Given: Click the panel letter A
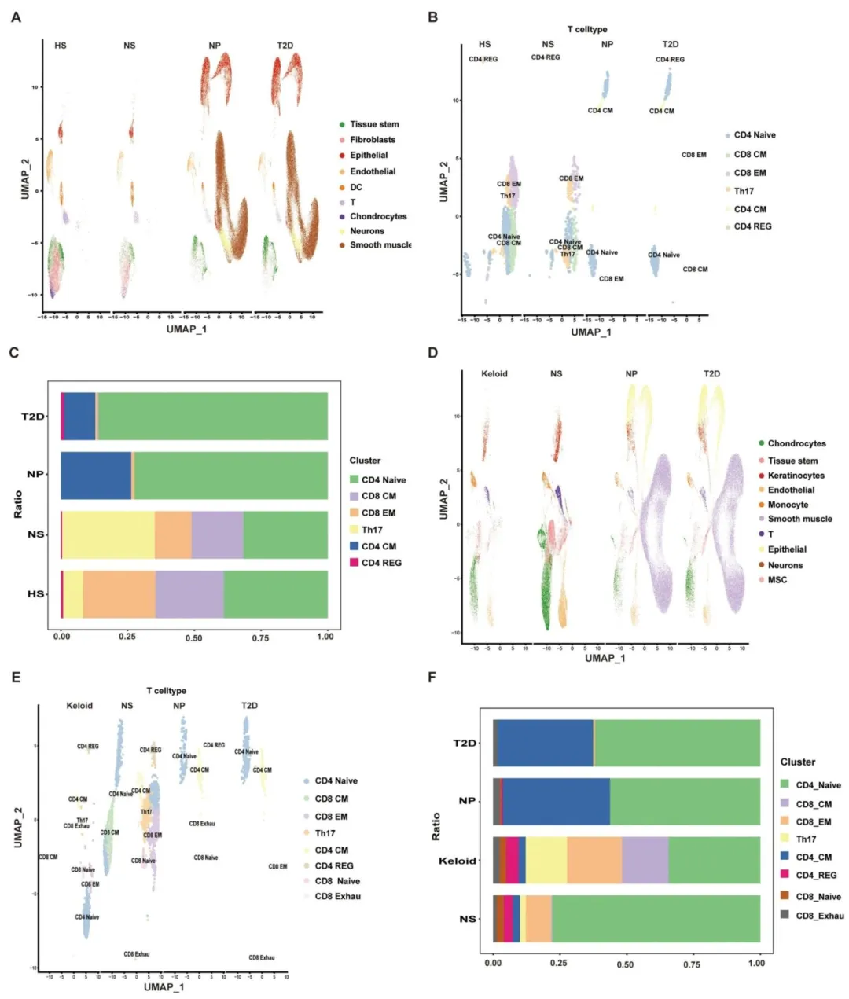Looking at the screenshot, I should coord(16,17).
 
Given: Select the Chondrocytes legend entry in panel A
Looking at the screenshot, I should coord(377,217).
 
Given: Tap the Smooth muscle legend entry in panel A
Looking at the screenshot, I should coord(380,245).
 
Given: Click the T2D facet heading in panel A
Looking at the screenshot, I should coord(285,46).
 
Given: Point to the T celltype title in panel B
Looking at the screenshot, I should coord(586,29).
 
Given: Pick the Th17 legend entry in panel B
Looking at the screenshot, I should coord(743,191).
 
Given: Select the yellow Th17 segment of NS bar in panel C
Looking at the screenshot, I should coord(108,535).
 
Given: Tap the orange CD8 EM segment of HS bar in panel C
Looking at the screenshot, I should coord(119,594).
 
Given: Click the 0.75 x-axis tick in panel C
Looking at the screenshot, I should coord(260,637).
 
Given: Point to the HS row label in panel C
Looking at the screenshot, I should coord(36,594).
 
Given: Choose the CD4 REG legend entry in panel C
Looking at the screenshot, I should coord(380,563).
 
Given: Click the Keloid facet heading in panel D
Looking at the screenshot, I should coord(494,373).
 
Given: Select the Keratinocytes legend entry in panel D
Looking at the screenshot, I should coord(796,476).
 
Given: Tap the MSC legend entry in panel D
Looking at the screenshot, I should coord(777,580).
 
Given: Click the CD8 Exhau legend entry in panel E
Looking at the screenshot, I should coord(337,897).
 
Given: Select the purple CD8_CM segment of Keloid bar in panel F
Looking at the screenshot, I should coord(645,861).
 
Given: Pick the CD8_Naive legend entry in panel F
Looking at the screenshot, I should coord(818,897).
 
